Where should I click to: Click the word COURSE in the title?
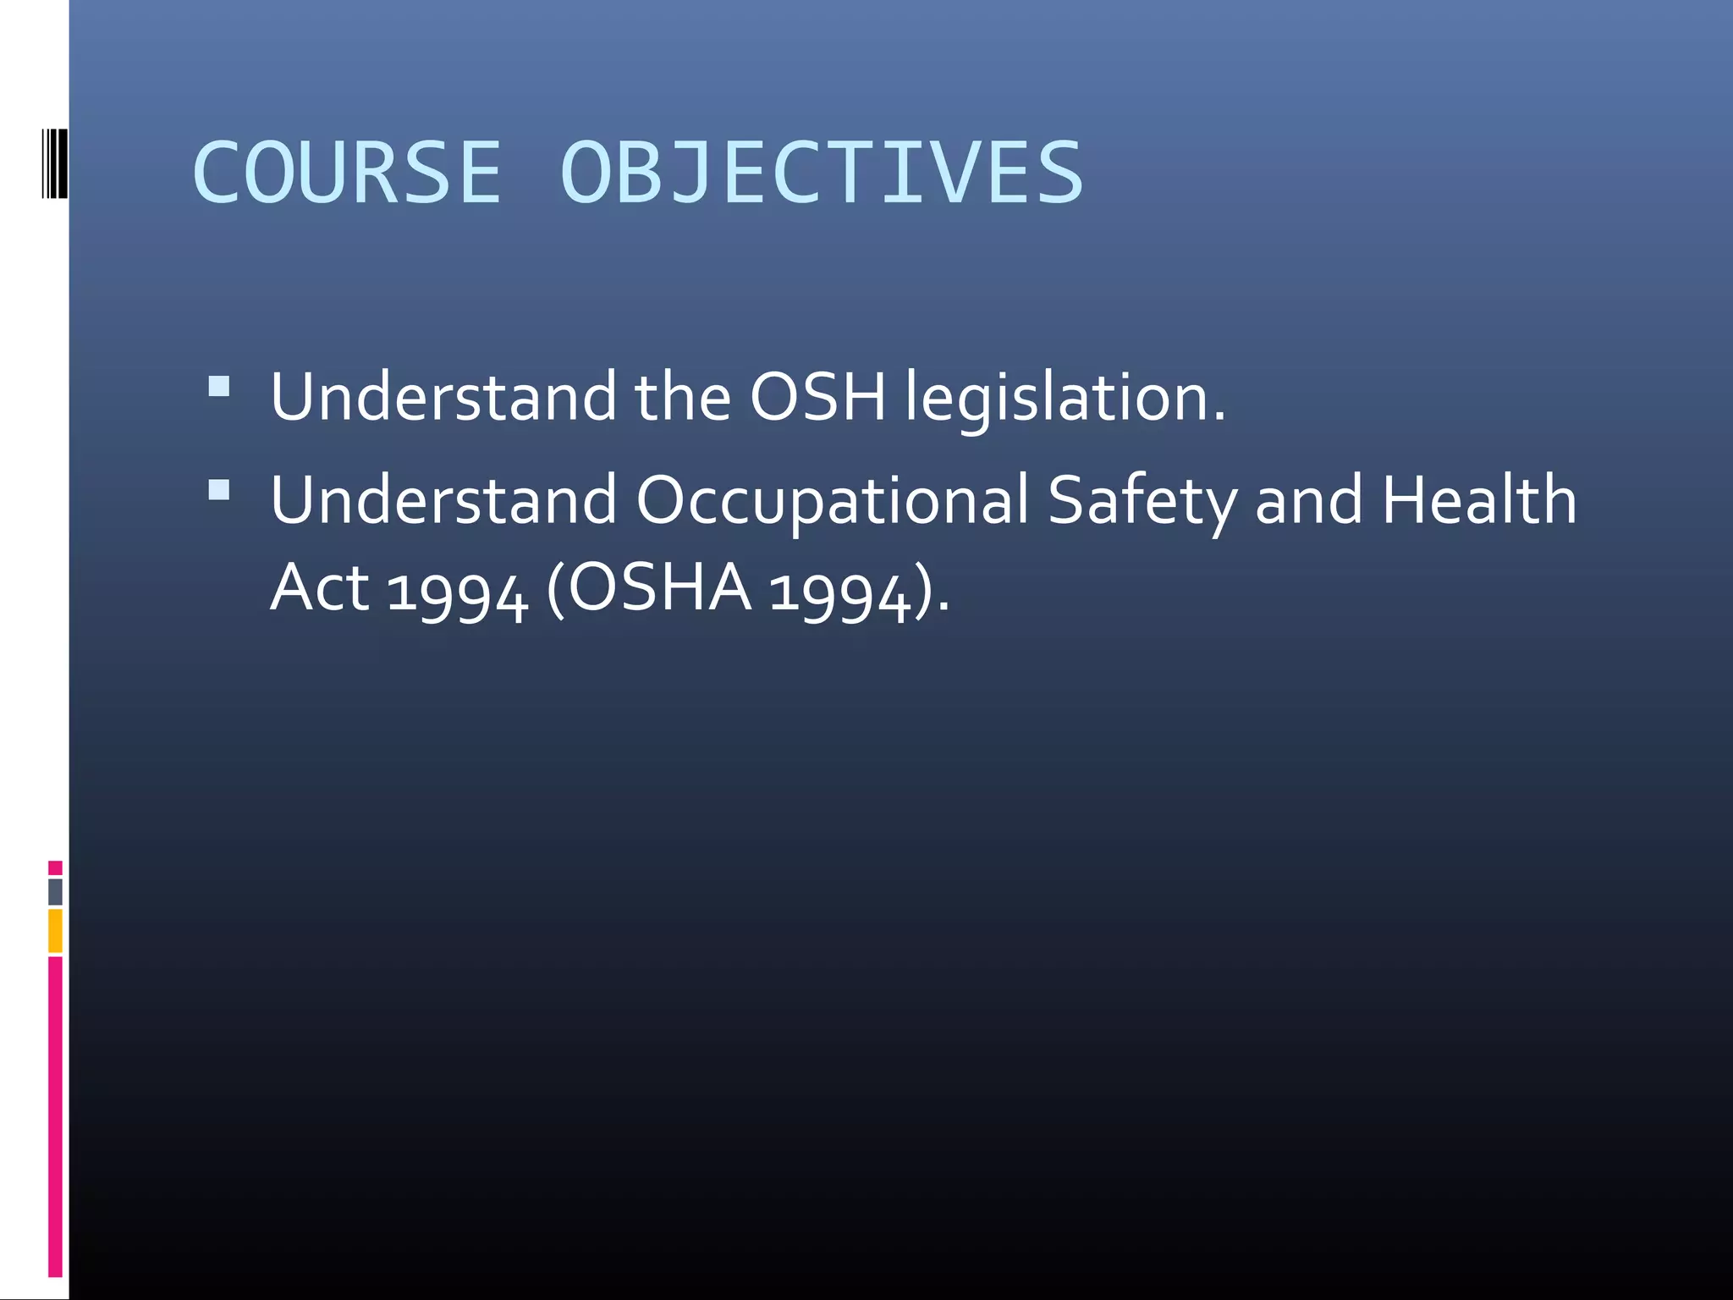click(347, 173)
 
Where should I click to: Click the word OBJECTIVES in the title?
click(821, 173)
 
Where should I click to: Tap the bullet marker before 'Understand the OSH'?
click(219, 387)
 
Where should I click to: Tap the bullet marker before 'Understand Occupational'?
click(219, 490)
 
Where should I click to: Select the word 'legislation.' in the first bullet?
click(1065, 398)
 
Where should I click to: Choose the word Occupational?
click(832, 501)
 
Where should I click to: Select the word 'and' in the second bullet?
click(1308, 500)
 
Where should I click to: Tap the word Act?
click(320, 587)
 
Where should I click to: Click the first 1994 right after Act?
click(458, 592)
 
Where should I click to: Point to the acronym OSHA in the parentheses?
click(659, 587)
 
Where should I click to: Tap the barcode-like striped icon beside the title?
click(54, 164)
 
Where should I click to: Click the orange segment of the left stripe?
click(55, 930)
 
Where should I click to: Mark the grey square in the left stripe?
click(55, 891)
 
